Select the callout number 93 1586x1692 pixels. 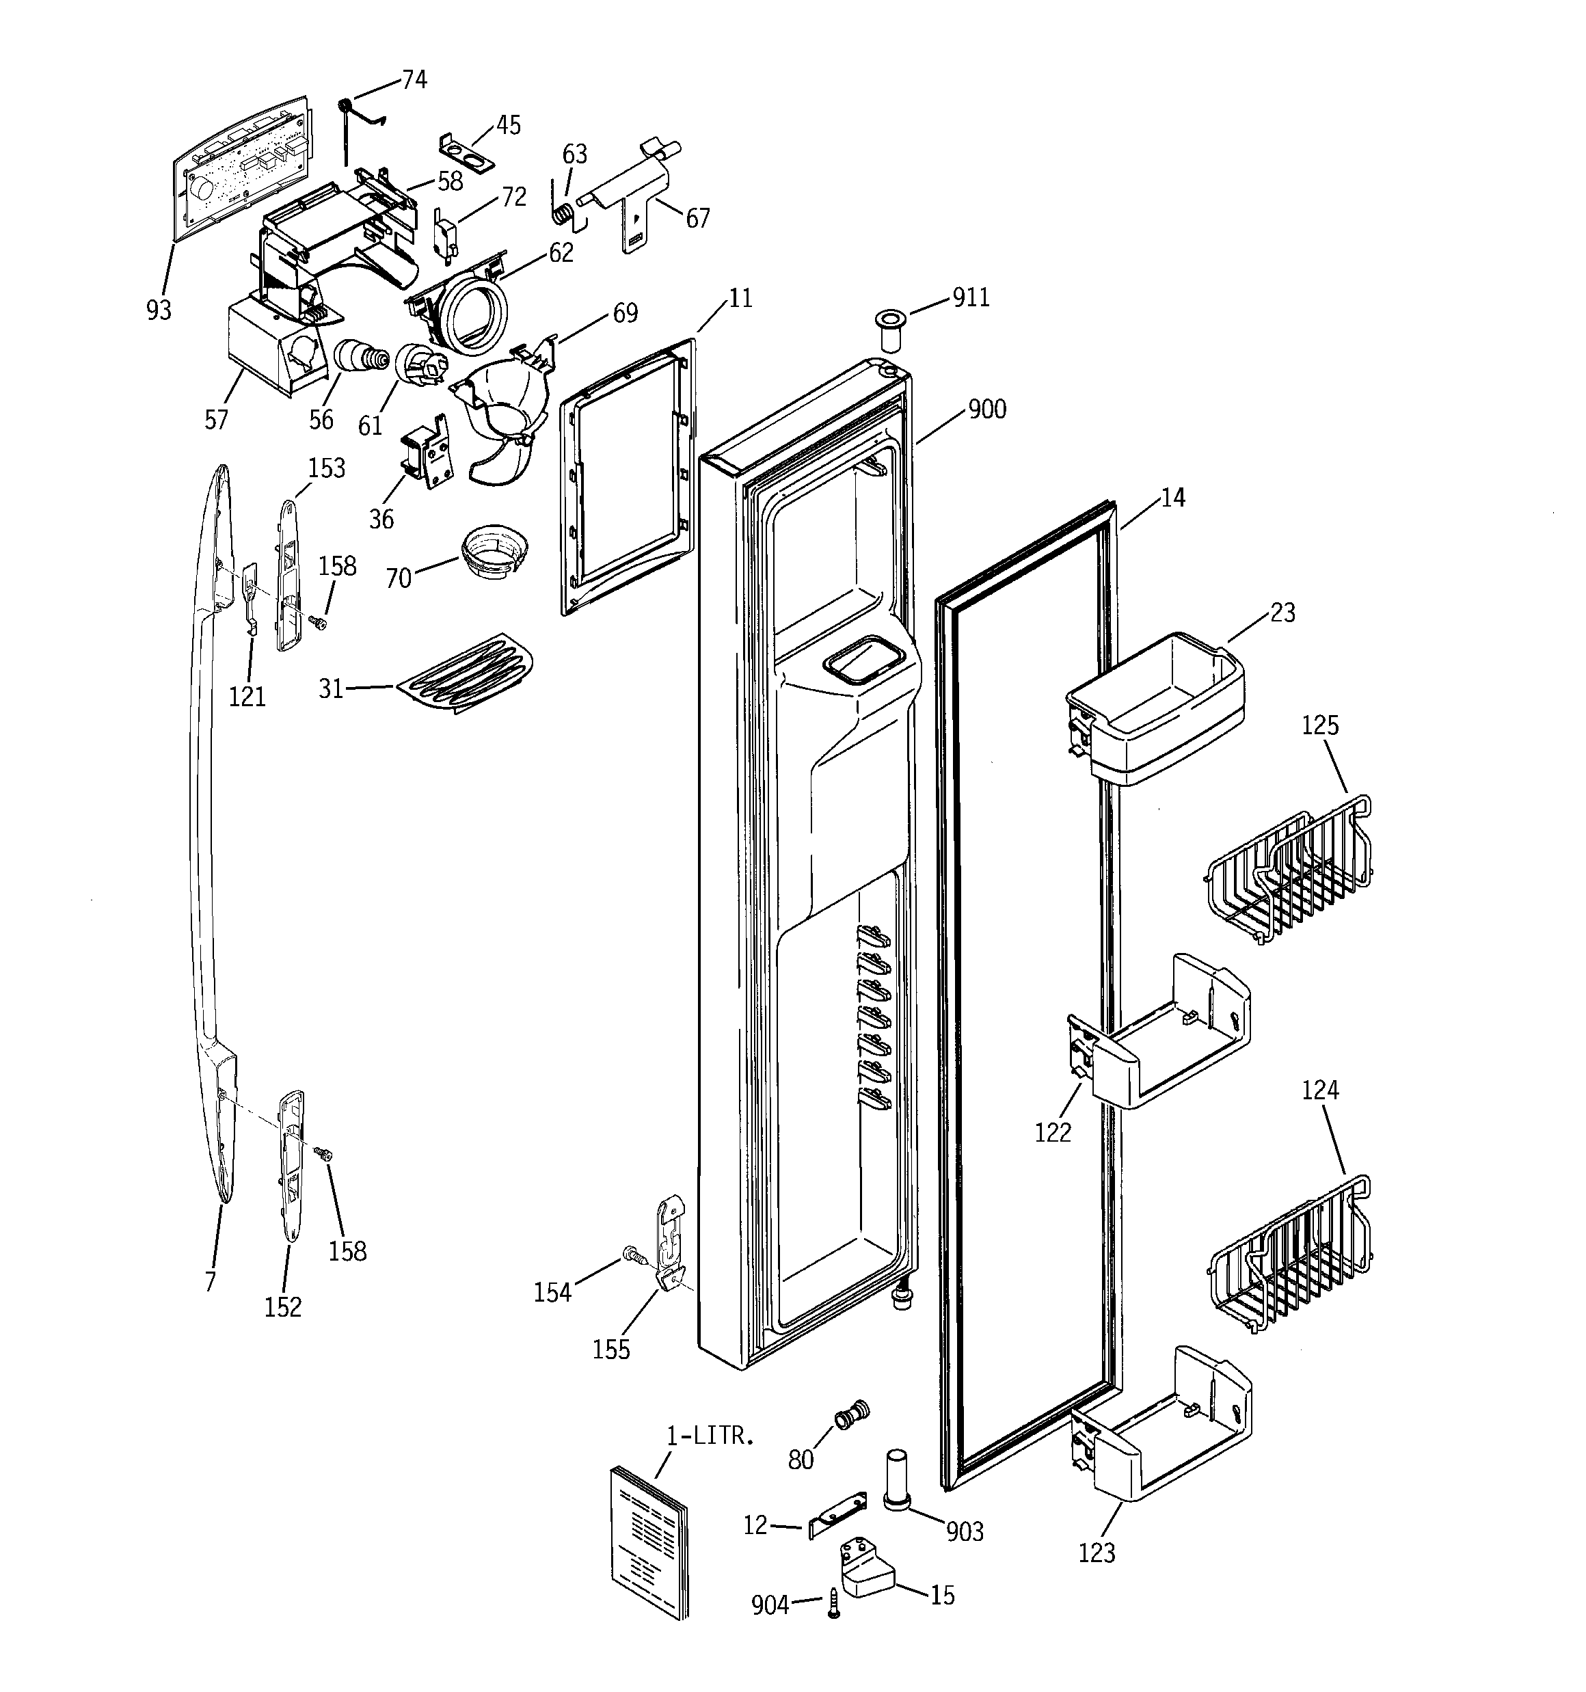click(x=159, y=310)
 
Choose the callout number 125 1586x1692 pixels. click(x=1319, y=725)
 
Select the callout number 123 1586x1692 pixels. click(x=1097, y=1553)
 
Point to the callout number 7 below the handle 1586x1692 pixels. click(x=211, y=1282)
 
